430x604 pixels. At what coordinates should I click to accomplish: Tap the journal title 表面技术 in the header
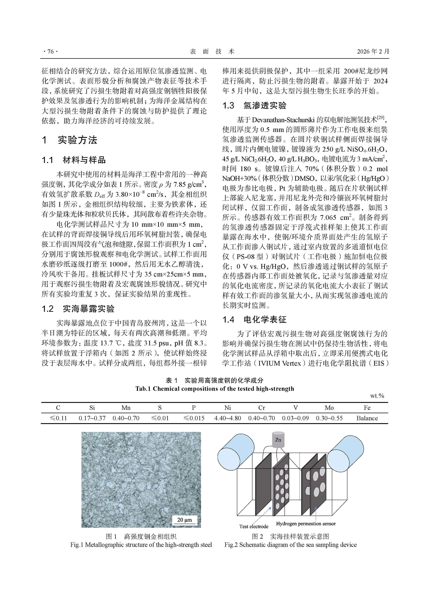coord(212,51)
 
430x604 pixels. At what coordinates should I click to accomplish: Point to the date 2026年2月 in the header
coord(373,51)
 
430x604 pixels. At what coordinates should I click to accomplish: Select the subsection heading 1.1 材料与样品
coord(74,160)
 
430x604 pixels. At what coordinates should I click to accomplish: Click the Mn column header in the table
coord(126,408)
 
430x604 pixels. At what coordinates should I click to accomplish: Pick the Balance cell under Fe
coord(367,418)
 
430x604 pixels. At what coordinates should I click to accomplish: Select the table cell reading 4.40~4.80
coord(227,418)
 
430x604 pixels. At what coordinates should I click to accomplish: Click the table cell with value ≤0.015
coord(194,418)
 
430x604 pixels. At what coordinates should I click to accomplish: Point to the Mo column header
coord(329,408)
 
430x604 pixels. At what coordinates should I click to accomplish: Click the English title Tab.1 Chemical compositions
coord(215,389)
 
